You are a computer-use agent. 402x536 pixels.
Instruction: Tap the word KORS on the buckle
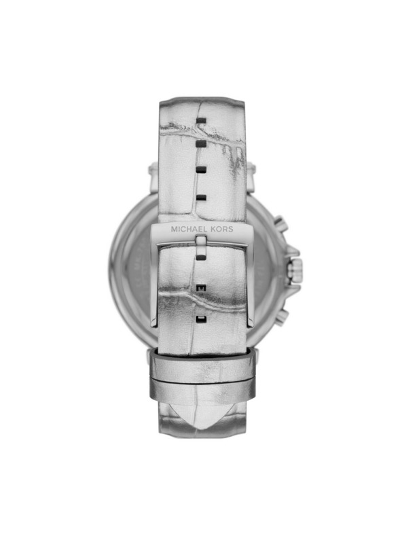[x=221, y=230]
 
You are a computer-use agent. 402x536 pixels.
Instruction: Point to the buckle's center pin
[x=200, y=243]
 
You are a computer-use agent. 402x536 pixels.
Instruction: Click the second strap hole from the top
[x=200, y=144]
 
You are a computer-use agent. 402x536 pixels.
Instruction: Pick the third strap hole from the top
[x=200, y=170]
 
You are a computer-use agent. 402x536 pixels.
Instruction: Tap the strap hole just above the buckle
[x=200, y=197]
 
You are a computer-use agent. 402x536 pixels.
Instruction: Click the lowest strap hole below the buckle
[x=200, y=317]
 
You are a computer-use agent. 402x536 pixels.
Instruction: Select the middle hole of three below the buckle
[x=200, y=288]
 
